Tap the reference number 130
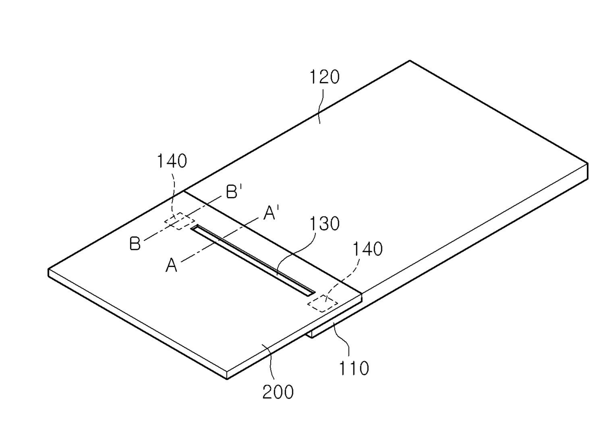(x=324, y=224)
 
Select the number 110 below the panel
(x=354, y=368)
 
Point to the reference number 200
(x=278, y=392)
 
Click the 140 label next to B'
(x=171, y=161)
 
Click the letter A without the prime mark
(x=171, y=266)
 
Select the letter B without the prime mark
(x=135, y=244)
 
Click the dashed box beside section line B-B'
(x=177, y=221)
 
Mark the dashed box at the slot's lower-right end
(x=322, y=304)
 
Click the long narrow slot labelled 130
(x=253, y=260)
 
